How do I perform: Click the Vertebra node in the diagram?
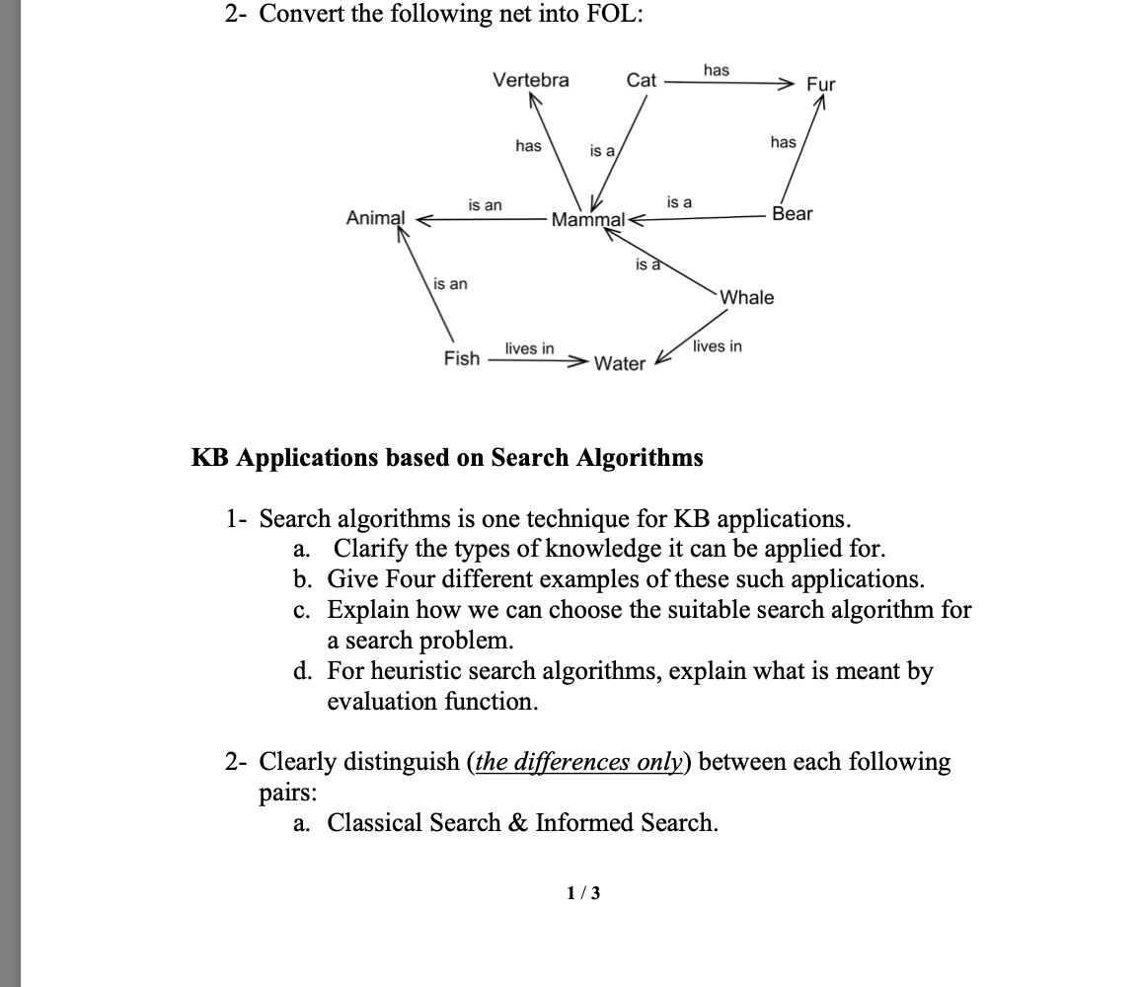tap(531, 80)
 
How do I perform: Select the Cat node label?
tap(641, 80)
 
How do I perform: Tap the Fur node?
tap(820, 84)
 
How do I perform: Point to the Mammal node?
tap(588, 219)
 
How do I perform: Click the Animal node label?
tap(375, 218)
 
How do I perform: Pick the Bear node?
tap(793, 214)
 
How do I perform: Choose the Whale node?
tap(747, 297)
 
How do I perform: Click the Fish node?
tap(461, 358)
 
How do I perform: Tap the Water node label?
tap(620, 364)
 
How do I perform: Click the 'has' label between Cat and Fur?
tap(717, 69)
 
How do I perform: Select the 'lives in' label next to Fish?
tap(529, 348)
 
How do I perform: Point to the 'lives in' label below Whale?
tap(717, 345)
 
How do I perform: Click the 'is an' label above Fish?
tap(451, 284)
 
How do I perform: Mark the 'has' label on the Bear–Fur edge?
tap(783, 142)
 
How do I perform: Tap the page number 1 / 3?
tap(582, 893)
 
